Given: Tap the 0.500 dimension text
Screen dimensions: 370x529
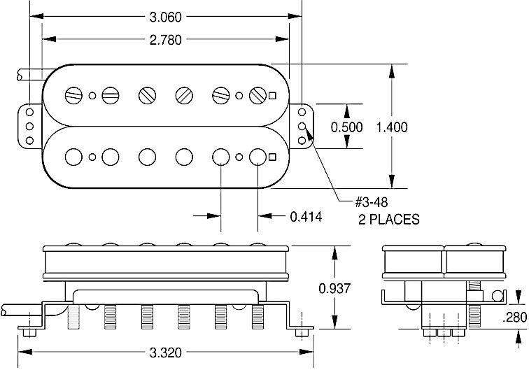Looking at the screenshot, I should pyautogui.click(x=346, y=127).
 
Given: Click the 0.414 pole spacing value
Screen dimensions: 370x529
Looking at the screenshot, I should pyautogui.click(x=306, y=217).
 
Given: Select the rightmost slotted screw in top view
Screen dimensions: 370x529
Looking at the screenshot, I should pyautogui.click(x=258, y=95).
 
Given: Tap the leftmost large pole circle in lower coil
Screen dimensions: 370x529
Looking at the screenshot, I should pyautogui.click(x=73, y=155).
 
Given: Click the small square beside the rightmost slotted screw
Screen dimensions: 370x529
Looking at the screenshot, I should pyautogui.click(x=272, y=96).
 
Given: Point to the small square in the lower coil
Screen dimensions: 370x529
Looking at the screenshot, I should pyautogui.click(x=272, y=157).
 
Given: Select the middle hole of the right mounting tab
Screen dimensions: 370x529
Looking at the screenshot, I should pyautogui.click(x=302, y=127).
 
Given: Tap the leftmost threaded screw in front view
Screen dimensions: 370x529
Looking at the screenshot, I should pyautogui.click(x=73, y=318).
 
